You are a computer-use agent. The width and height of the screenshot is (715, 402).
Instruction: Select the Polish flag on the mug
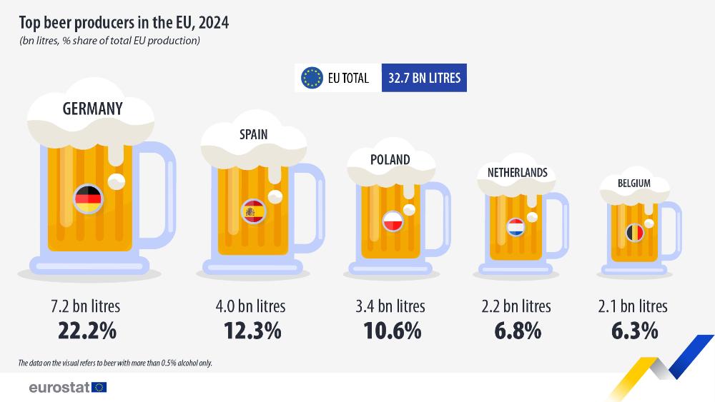pyautogui.click(x=393, y=222)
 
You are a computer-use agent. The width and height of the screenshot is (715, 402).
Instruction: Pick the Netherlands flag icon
pyautogui.click(x=516, y=228)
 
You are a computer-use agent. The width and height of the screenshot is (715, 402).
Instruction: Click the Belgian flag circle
pyautogui.click(x=635, y=233)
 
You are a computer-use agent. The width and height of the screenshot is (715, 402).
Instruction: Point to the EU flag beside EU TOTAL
pyautogui.click(x=312, y=78)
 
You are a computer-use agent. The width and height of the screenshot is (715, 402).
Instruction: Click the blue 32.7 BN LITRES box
pyautogui.click(x=424, y=78)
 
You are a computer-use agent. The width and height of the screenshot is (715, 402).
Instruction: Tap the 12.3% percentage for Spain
pyautogui.click(x=251, y=332)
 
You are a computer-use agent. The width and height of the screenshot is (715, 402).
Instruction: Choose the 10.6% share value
pyautogui.click(x=390, y=332)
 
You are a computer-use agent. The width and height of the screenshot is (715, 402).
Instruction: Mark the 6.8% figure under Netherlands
pyautogui.click(x=516, y=332)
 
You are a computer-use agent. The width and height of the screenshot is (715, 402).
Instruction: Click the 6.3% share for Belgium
pyautogui.click(x=633, y=332)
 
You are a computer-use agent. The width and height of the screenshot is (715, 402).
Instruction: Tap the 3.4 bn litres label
pyautogui.click(x=390, y=306)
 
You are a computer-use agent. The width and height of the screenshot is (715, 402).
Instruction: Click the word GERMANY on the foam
pyautogui.click(x=92, y=109)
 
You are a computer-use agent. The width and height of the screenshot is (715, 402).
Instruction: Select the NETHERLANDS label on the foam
pyautogui.click(x=518, y=173)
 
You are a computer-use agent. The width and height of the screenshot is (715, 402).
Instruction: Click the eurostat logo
pyautogui.click(x=68, y=388)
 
